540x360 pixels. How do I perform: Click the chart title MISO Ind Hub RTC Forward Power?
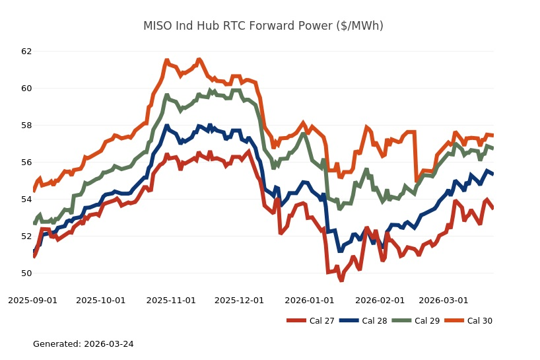[x=263, y=26]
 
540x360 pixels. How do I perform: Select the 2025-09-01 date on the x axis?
[x=32, y=301]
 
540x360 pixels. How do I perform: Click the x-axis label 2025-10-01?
[x=101, y=301]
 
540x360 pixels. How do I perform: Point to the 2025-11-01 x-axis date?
[x=171, y=301]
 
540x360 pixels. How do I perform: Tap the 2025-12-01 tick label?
[x=239, y=301]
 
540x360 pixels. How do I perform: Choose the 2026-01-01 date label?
[x=309, y=301]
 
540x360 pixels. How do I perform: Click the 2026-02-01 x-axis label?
[x=380, y=301]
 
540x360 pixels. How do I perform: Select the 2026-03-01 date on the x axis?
[x=444, y=301]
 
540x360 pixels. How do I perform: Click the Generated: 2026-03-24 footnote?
[x=83, y=344]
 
